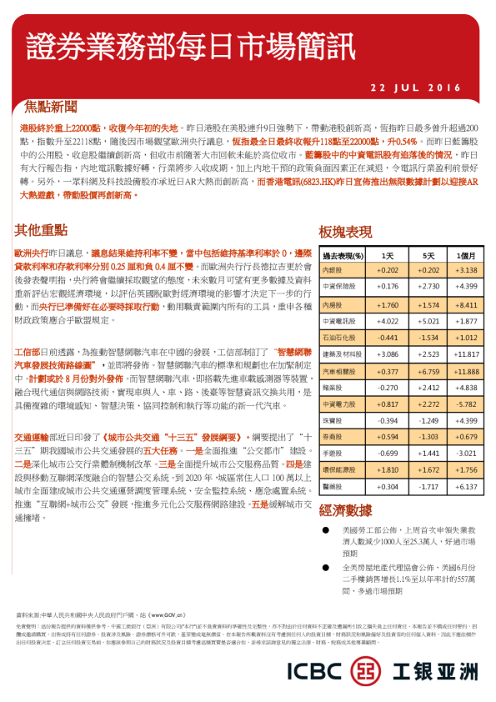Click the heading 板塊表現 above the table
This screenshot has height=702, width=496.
[x=345, y=232]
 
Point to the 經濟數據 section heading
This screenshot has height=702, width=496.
[x=345, y=510]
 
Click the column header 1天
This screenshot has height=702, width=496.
[x=388, y=255]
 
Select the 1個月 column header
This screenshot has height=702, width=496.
[x=467, y=255]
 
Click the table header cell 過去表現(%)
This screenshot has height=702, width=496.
[x=344, y=255]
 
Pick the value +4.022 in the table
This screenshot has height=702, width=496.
[x=388, y=321]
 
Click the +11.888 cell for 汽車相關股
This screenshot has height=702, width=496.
[x=467, y=371]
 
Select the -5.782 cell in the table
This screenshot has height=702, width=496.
[x=467, y=404]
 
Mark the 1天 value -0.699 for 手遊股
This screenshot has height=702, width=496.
[x=388, y=453]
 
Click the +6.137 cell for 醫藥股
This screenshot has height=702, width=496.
[x=467, y=486]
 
